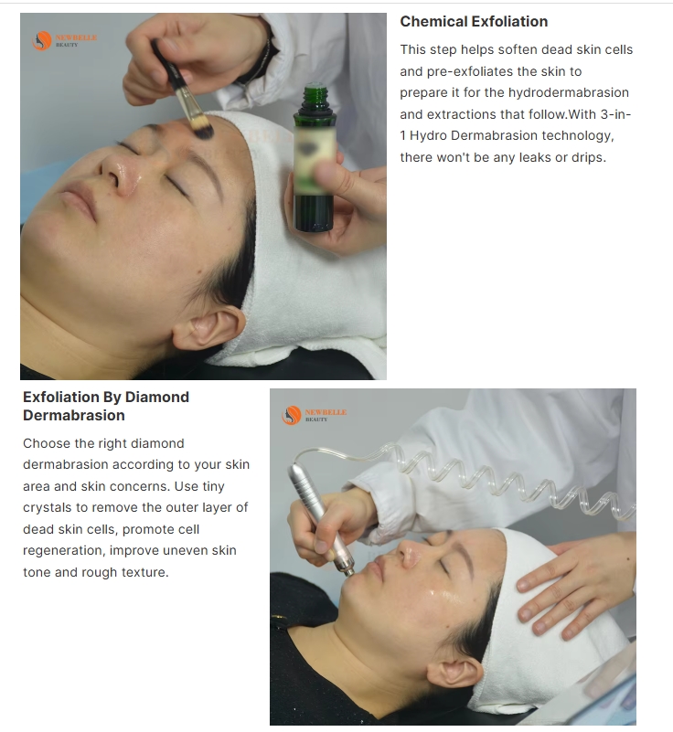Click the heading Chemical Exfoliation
[x=474, y=21]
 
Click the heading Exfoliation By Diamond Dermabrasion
[x=106, y=406]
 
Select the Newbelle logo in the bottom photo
[x=314, y=416]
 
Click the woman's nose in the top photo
[x=114, y=170]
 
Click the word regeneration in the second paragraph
[x=65, y=551]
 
